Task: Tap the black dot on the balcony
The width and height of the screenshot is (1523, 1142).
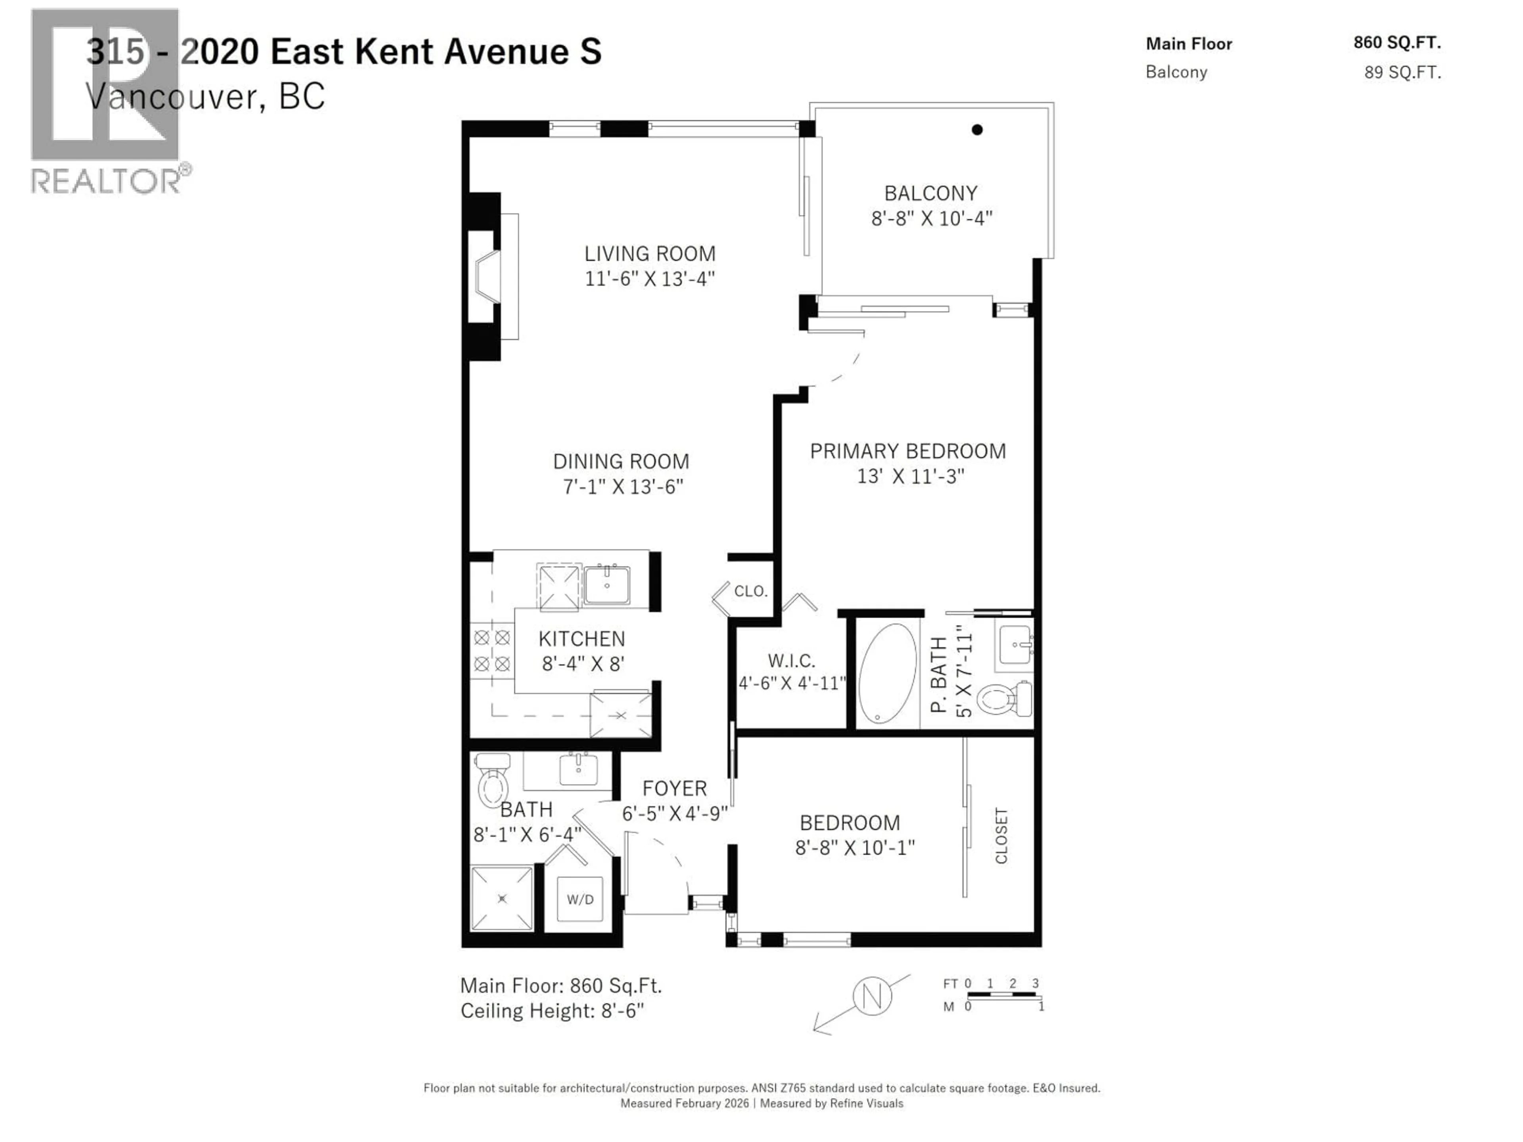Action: click(x=976, y=129)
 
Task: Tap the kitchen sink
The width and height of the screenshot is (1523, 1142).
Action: click(x=606, y=585)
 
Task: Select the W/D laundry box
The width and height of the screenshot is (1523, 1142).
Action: click(x=580, y=899)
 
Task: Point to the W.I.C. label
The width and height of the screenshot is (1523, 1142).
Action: click(x=791, y=661)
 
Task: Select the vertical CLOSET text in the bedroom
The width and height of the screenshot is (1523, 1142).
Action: click(x=1001, y=835)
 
